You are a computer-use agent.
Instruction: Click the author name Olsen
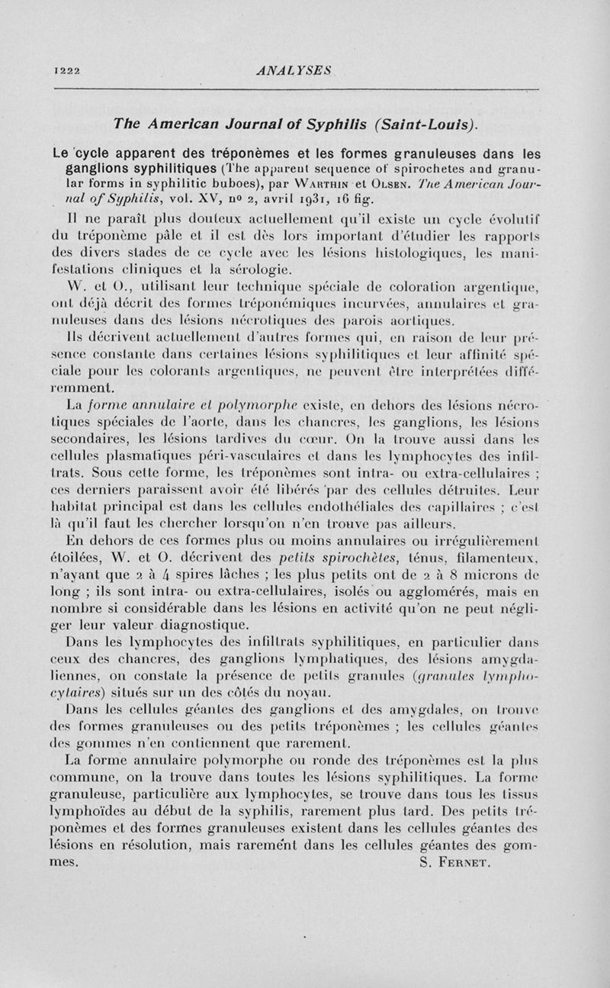432,184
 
